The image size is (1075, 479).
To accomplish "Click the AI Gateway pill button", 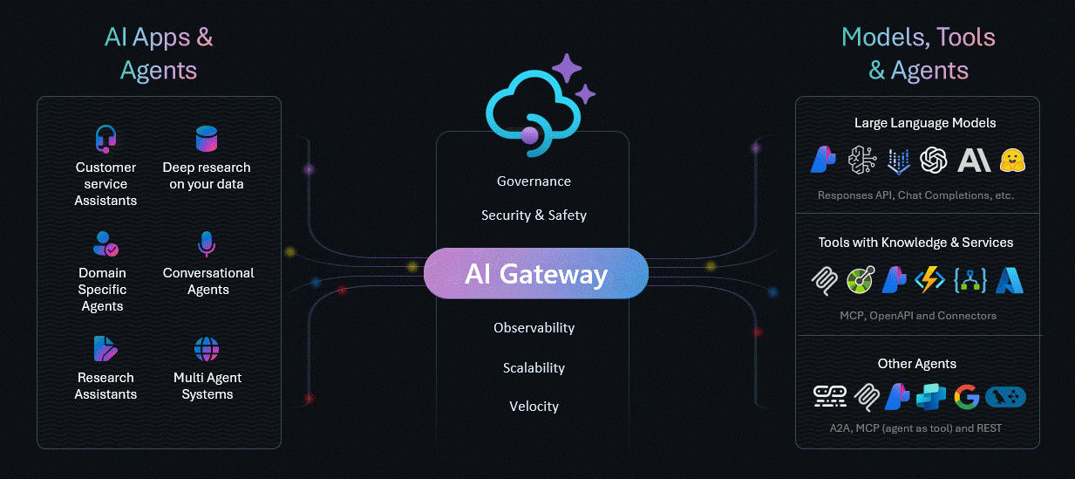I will pos(535,274).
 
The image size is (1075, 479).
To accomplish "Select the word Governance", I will pos(534,181).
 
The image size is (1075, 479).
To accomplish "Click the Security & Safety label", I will pos(534,216).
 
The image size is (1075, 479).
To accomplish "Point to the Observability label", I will pos(534,328).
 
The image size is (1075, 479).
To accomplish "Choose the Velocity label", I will pos(534,407).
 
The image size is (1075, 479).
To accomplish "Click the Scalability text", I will pos(534,368).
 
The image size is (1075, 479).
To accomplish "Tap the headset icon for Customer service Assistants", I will pos(105,140).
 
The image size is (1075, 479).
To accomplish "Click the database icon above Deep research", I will pos(207,139).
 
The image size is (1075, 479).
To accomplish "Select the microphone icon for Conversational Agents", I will pos(207,244).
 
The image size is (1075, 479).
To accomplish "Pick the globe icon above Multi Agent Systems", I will pos(207,350).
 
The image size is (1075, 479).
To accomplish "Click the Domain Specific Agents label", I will pos(102,290).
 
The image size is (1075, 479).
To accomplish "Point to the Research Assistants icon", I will pos(105,349).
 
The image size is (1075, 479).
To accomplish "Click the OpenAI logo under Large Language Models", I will pos(933,160).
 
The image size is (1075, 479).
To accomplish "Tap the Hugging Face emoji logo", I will pos(1012,160).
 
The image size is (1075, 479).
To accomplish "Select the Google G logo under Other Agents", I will pos(966,397).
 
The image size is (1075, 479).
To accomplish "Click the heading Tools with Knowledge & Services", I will pos(915,243).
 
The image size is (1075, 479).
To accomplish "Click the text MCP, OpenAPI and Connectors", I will pos(917,315).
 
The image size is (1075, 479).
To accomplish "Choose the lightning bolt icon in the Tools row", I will pos(930,280).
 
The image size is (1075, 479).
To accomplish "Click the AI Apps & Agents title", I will pos(159,53).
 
